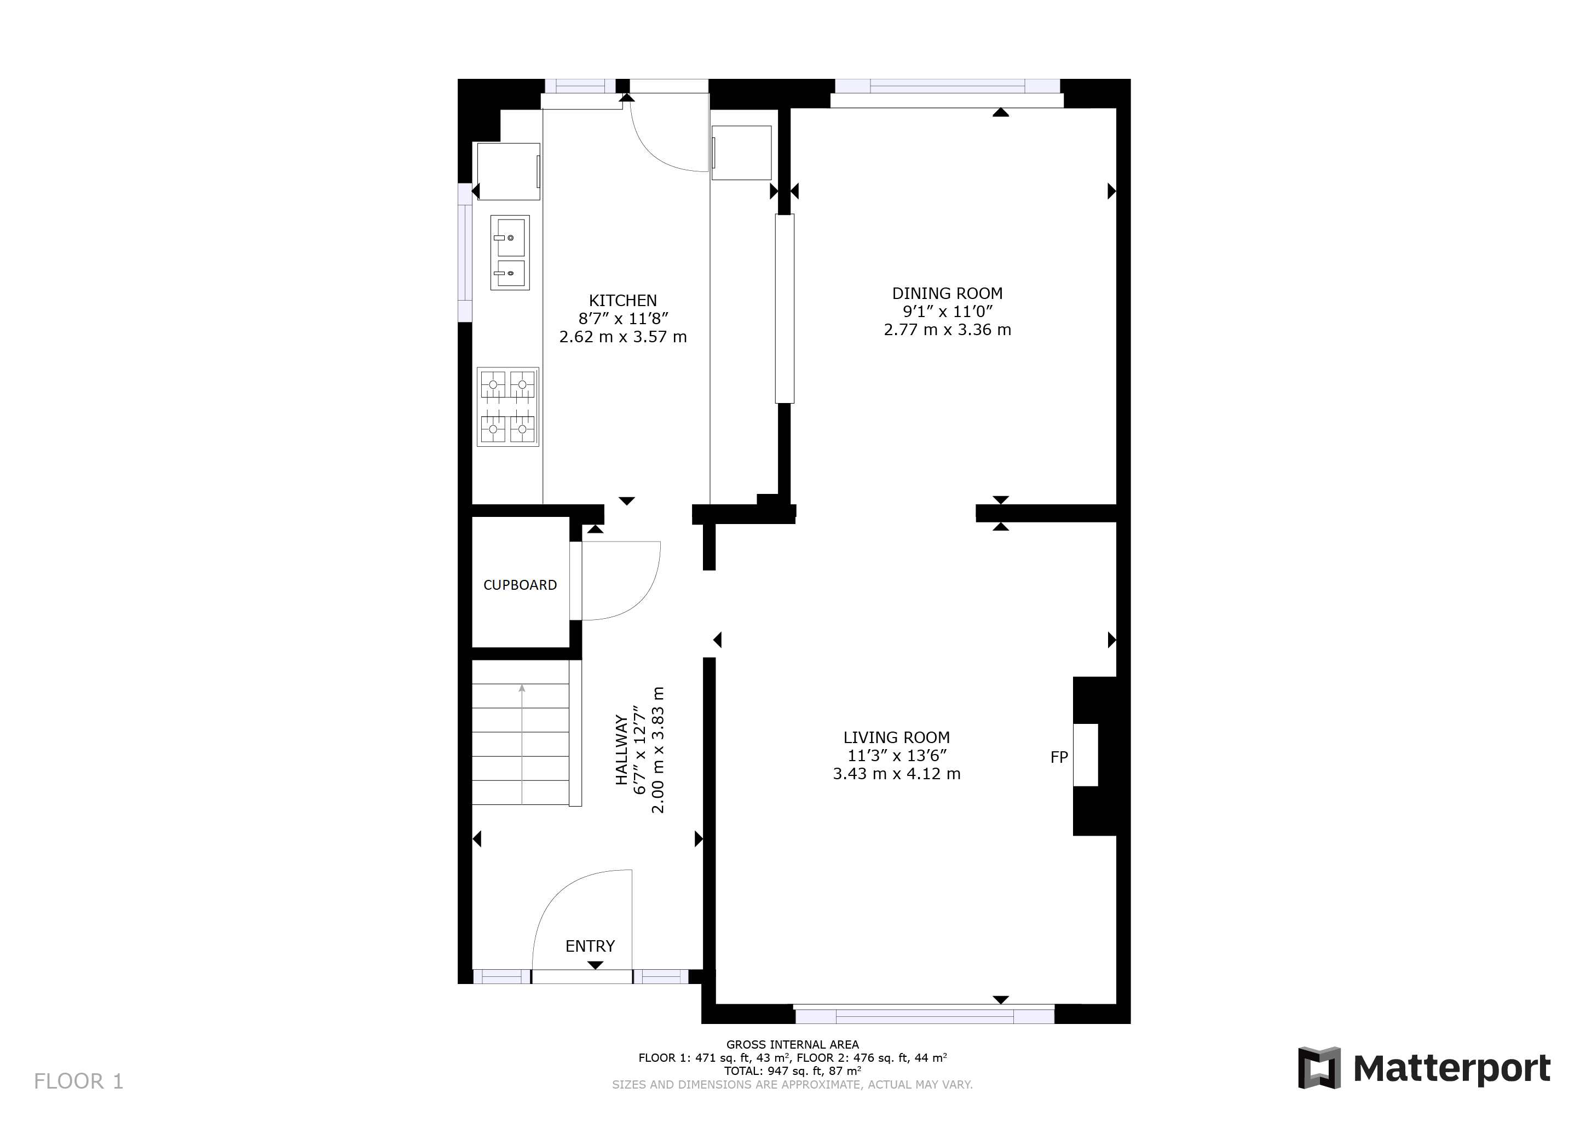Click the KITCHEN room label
point(622,301)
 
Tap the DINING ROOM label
point(947,294)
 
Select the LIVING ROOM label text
point(896,738)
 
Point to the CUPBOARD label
point(520,585)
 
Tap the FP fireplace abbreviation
point(1059,757)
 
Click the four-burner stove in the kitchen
point(507,407)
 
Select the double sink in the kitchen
point(510,252)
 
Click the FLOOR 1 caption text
point(79,1081)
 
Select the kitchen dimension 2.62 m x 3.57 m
point(622,337)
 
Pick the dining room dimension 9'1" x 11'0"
point(947,312)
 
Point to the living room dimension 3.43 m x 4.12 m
point(896,774)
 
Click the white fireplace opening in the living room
point(1085,755)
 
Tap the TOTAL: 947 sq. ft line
point(792,1071)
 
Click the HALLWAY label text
point(622,750)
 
